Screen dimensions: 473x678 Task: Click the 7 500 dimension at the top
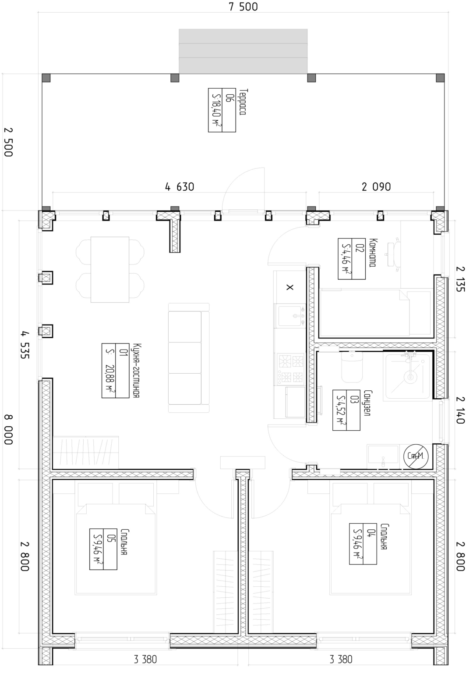point(244,7)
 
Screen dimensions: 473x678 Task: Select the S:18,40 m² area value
point(216,110)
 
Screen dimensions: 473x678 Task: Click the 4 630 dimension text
point(180,187)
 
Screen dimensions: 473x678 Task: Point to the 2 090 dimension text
point(376,187)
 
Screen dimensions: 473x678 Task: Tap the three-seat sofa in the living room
point(189,358)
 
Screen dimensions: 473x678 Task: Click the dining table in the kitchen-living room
point(110,269)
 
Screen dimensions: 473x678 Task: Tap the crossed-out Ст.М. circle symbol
point(416,456)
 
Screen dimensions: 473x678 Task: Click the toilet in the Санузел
point(352,367)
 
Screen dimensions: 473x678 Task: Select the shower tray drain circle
point(410,377)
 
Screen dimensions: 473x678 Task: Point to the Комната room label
point(373,253)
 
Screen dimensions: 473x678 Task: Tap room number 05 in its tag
point(110,538)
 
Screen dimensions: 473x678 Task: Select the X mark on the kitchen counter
point(290,287)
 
